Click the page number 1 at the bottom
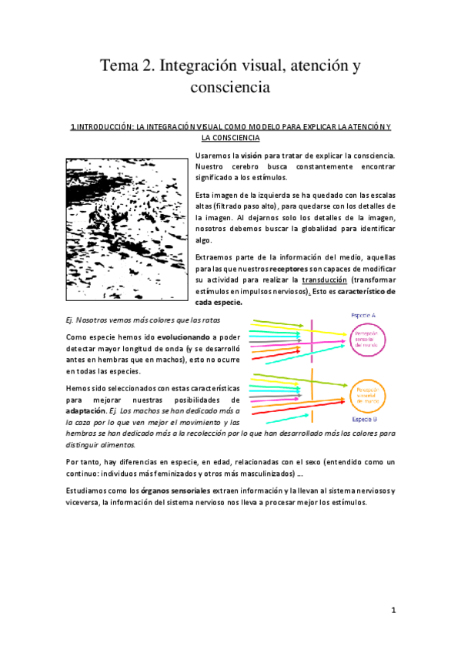click(393, 610)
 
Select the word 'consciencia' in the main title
click(230, 87)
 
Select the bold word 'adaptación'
click(85, 411)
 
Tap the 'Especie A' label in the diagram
click(363, 316)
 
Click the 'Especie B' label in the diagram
click(363, 420)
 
